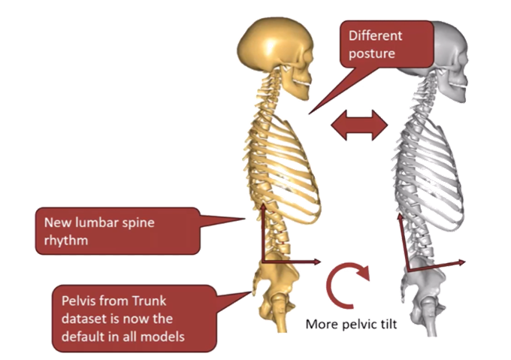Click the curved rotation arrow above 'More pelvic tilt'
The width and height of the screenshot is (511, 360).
(348, 285)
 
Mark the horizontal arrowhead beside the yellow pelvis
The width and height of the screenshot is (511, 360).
(315, 262)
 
